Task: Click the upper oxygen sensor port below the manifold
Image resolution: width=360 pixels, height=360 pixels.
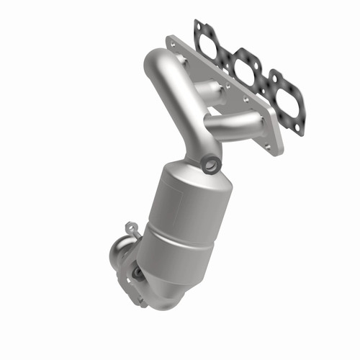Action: [210, 165]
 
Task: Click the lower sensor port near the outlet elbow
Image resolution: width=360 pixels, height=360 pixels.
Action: [137, 274]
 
